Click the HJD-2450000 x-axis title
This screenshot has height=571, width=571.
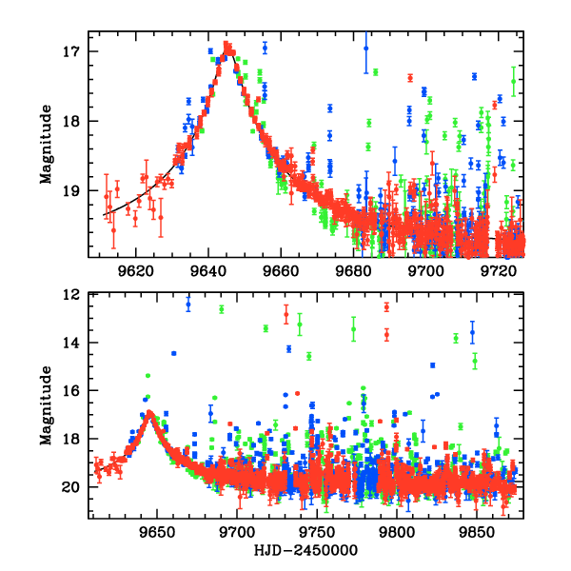pyautogui.click(x=306, y=550)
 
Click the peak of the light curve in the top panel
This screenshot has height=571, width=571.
pyautogui.click(x=227, y=44)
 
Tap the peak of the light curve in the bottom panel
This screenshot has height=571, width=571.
pyautogui.click(x=149, y=413)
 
